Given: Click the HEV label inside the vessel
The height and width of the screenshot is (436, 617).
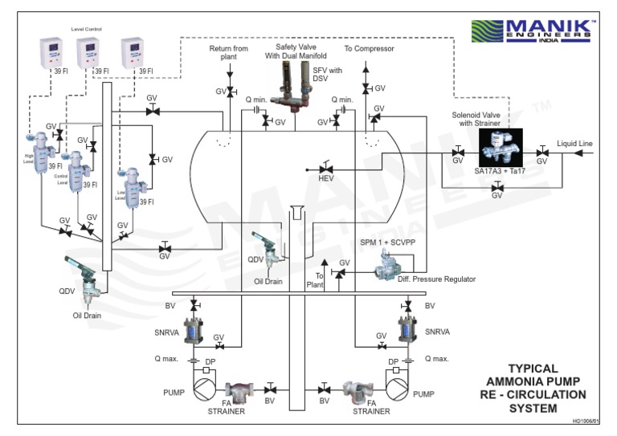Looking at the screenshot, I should [x=325, y=178].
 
